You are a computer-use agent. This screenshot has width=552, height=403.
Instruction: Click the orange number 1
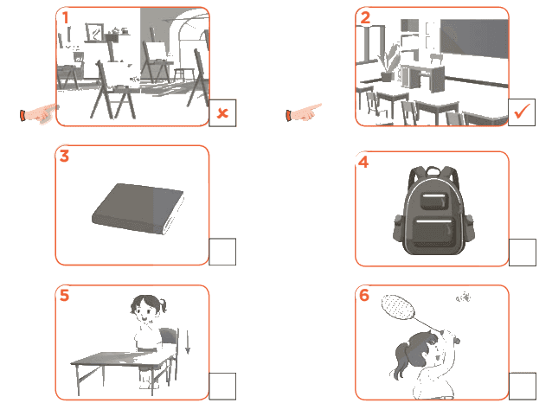coord(66,17)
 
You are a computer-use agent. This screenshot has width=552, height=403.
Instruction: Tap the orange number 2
coord(365,17)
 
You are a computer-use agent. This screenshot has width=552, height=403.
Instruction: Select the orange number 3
coord(64,156)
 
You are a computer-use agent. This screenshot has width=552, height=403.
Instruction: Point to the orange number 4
coord(363,162)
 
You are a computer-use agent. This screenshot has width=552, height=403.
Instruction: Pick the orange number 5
coord(64,295)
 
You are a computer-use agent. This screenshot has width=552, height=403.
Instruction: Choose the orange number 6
coord(364,295)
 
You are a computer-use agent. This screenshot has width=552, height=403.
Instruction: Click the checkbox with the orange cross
coord(222,113)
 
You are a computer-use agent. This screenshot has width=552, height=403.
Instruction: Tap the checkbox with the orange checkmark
coord(522,112)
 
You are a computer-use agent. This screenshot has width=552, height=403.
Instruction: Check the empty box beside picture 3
coord(222,252)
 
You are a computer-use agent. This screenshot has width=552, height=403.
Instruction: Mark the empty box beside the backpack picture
coord(523,253)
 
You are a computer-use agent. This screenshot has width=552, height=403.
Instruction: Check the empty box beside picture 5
coord(222,386)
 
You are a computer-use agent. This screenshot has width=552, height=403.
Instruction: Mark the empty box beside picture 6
coord(523,386)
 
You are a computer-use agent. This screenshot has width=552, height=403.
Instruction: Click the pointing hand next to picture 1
coord(40,113)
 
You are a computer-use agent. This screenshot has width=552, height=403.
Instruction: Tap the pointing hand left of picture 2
coord(304,112)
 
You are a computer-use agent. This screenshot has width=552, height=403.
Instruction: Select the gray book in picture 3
coord(138,208)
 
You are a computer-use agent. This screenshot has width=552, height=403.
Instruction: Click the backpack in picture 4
coord(433,210)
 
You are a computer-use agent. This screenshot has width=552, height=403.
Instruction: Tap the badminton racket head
coord(398,307)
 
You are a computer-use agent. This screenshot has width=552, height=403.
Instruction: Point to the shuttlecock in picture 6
coord(463,297)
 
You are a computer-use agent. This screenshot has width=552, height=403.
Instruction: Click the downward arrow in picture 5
coord(188,342)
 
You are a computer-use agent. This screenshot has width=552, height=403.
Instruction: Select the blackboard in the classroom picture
coord(474,38)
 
